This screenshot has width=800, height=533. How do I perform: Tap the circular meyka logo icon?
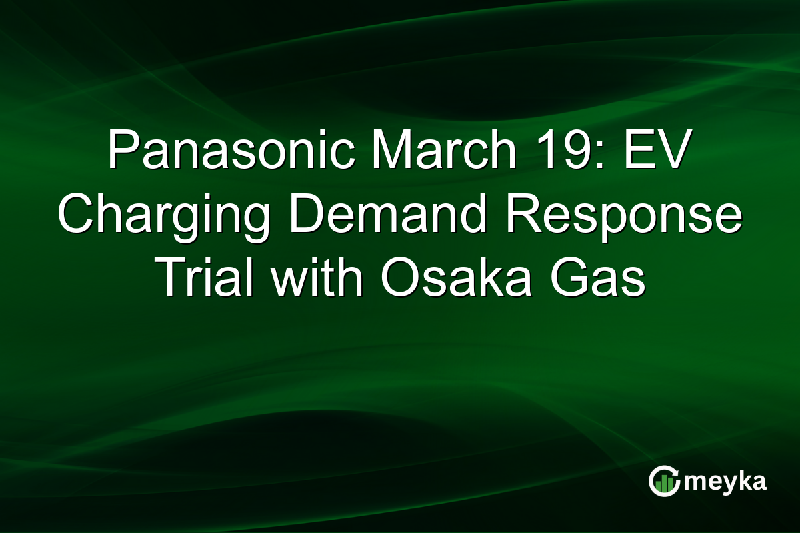[x=664, y=481]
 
